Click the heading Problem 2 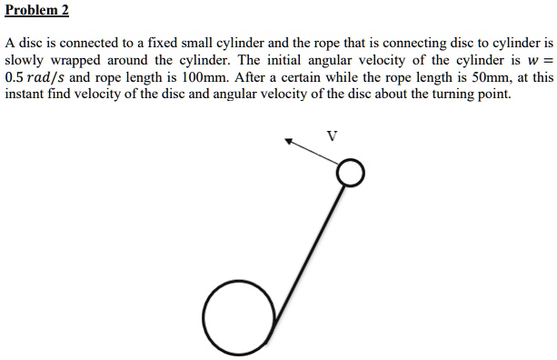click(x=37, y=12)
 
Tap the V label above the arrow click(x=332, y=136)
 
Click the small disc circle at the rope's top click(x=351, y=173)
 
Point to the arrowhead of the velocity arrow click(x=290, y=141)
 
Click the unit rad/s click(x=54, y=77)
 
